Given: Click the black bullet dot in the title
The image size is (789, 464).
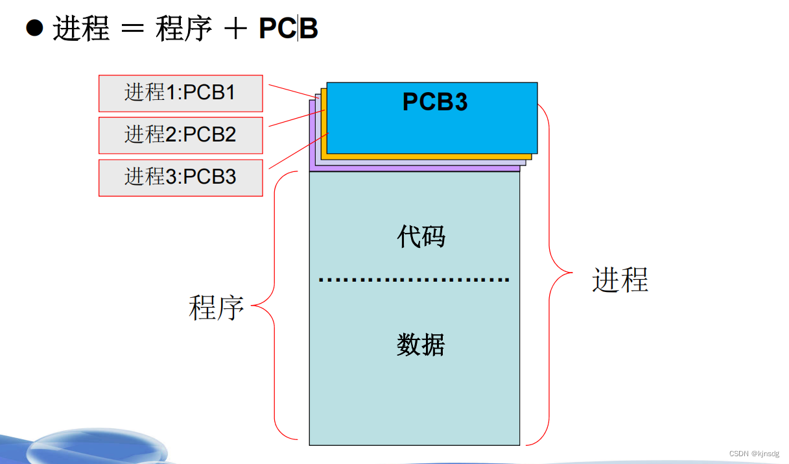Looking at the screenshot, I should (34, 28).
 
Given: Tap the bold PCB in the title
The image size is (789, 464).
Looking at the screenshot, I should (289, 29).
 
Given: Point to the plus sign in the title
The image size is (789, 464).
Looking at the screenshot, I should (236, 29).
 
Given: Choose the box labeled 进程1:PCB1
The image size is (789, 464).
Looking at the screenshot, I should (180, 93).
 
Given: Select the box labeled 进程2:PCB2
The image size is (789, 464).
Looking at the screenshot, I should (180, 135).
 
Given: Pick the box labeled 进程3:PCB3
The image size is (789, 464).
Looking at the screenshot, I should (180, 177).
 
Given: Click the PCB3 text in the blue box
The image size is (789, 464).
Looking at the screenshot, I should (435, 102).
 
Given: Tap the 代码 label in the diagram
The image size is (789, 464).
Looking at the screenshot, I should (421, 238).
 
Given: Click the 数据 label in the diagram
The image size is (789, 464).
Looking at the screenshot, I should (421, 345).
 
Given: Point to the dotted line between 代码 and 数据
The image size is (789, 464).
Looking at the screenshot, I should (414, 280).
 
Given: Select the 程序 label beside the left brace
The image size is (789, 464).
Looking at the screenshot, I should (216, 307).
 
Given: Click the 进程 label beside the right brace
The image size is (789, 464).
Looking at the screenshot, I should (620, 280).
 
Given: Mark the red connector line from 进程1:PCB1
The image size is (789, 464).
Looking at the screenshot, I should (292, 92).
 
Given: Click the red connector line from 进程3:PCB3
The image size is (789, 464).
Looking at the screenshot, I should (298, 151).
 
